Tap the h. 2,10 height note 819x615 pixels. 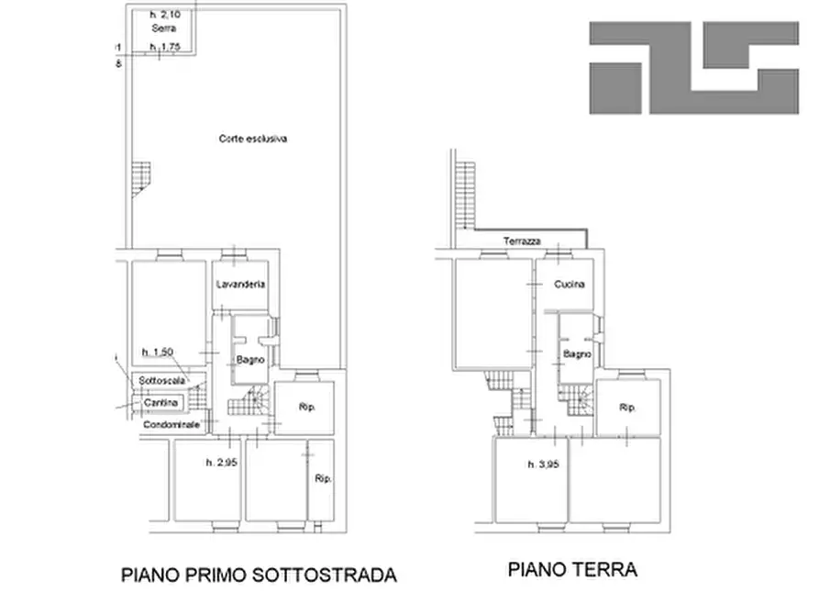(165, 15)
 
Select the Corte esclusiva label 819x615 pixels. (253, 140)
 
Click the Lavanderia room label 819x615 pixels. (241, 285)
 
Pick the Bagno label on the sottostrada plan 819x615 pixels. (249, 360)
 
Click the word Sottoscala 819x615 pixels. (162, 380)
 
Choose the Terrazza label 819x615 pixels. (521, 241)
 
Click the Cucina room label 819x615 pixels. (569, 285)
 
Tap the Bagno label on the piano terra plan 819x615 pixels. (577, 354)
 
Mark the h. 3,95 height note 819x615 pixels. (545, 464)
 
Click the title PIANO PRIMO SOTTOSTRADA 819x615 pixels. (260, 576)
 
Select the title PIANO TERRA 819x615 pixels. (572, 570)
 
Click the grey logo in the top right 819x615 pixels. (693, 68)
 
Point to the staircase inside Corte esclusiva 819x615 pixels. (139, 178)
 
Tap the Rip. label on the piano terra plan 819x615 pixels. (627, 407)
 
